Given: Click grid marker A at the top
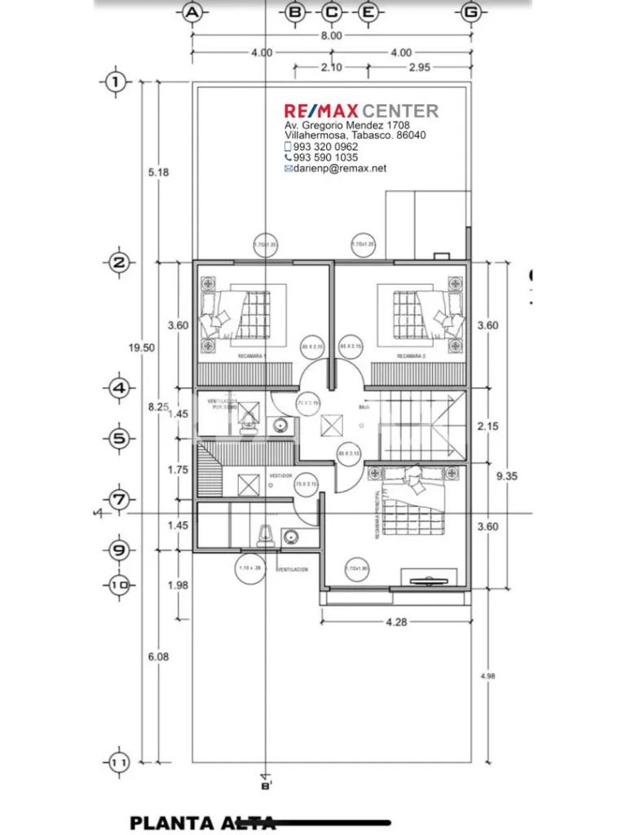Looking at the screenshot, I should tap(192, 11).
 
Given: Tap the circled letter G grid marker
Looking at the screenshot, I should tap(469, 11).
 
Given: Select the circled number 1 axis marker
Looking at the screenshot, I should tap(117, 82).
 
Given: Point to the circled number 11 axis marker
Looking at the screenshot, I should tap(119, 762).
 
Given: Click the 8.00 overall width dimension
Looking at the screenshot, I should tap(332, 36).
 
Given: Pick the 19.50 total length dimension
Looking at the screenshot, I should tap(142, 347).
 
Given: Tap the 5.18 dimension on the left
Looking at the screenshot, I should tap(158, 172).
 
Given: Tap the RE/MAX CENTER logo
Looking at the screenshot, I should tap(361, 110).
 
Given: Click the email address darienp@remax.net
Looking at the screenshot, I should tap(340, 168).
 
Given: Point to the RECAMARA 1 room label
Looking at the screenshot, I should tap(253, 357).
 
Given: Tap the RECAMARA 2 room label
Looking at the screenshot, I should tap(412, 357).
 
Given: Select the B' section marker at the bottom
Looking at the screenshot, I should tap(265, 785).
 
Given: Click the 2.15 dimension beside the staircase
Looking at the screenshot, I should tap(488, 426).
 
